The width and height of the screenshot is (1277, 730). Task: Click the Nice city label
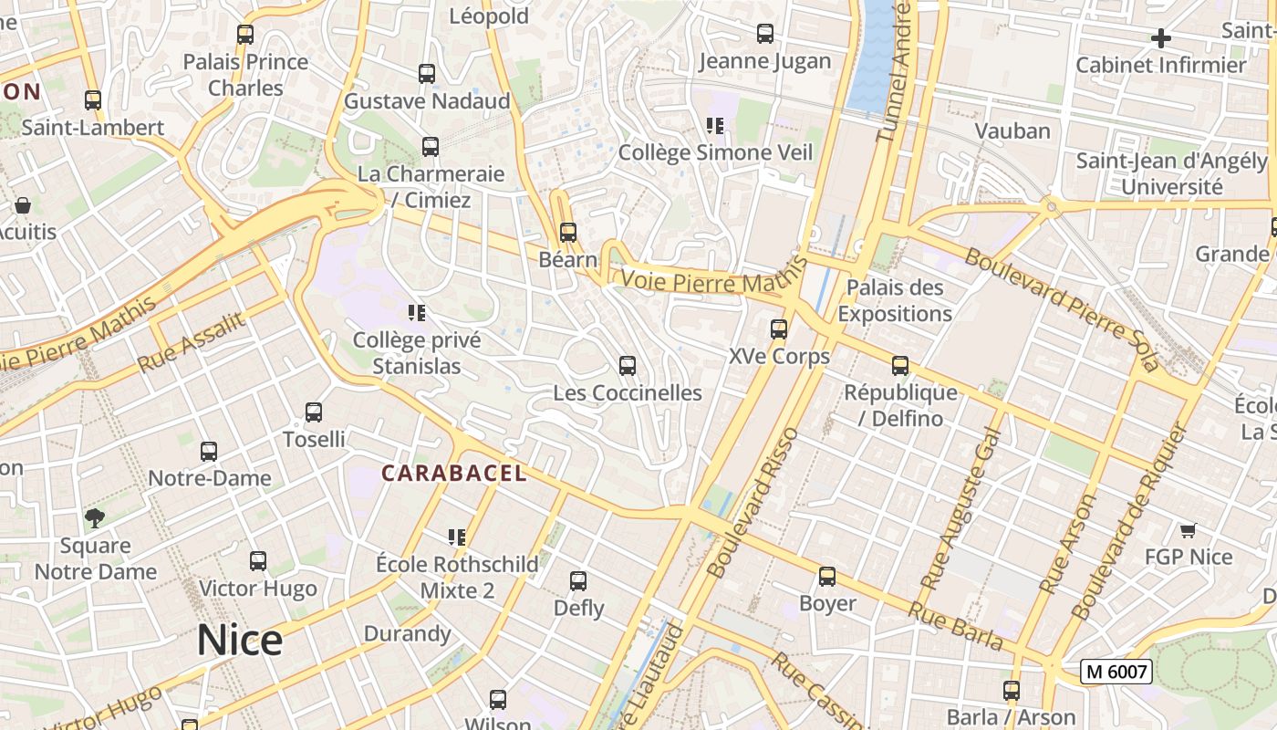240,641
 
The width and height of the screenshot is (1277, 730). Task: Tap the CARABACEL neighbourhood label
454,473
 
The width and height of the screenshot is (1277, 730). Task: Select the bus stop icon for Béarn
568,233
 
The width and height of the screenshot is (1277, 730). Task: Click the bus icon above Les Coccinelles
628,366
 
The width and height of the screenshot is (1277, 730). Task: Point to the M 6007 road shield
1116,673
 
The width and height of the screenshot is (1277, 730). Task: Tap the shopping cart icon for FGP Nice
1188,530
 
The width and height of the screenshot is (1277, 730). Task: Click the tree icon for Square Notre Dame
94,518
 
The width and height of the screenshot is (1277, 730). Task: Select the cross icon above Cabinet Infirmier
1160,38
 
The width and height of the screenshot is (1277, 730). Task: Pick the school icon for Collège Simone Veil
714,126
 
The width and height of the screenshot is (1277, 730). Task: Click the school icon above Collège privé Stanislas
417,314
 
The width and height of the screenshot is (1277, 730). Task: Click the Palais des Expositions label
894,300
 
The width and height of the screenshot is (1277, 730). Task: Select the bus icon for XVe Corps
779,329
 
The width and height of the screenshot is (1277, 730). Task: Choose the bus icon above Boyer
827,577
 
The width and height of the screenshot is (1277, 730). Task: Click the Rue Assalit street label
192,342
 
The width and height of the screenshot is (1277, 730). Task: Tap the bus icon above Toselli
314,412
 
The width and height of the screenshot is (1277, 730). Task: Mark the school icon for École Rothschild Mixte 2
457,537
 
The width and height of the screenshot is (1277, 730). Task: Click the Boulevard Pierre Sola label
1063,310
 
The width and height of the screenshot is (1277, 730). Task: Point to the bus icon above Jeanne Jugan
765,34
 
